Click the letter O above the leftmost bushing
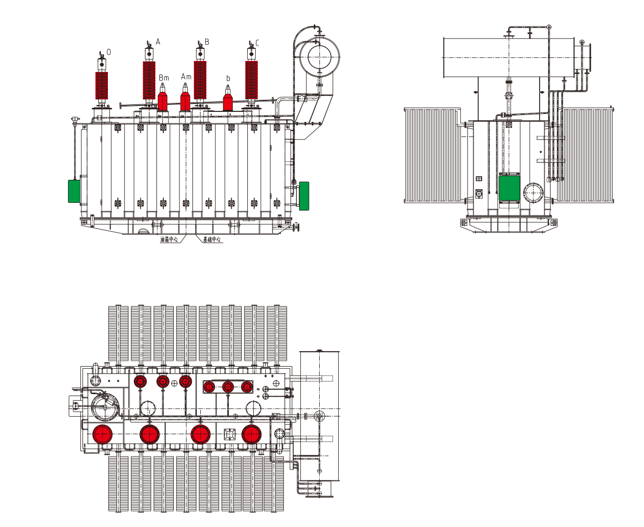click(109, 52)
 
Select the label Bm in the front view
click(164, 77)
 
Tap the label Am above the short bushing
click(186, 76)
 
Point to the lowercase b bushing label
click(228, 78)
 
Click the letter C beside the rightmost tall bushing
click(257, 42)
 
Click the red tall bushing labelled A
click(149, 80)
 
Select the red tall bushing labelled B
click(200, 80)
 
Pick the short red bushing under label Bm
click(162, 100)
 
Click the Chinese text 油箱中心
click(169, 240)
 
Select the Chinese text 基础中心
click(212, 240)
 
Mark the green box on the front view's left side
click(74, 191)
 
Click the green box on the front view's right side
click(304, 195)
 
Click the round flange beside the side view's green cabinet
click(533, 192)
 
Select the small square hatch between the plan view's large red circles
click(229, 434)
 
